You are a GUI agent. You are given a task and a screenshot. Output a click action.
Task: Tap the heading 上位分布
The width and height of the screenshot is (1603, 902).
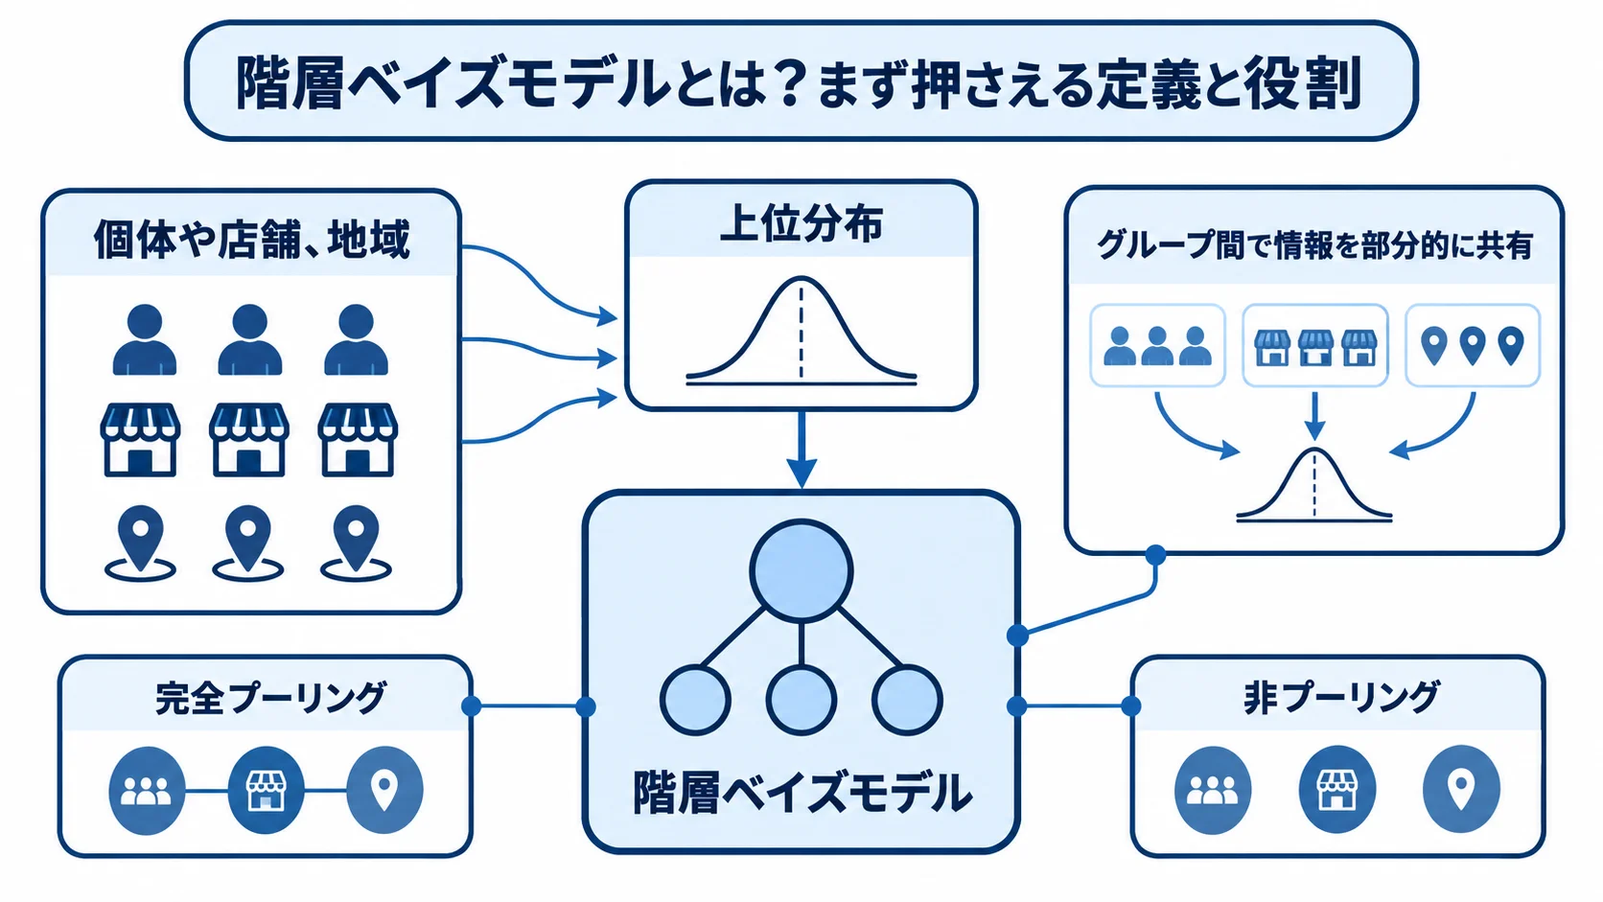801,224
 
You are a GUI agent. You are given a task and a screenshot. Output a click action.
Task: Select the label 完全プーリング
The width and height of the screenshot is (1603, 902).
270,698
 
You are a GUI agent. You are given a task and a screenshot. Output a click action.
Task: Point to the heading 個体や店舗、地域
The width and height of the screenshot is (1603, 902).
252,240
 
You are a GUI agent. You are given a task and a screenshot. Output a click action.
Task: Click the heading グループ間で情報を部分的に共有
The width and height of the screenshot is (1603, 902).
1314,245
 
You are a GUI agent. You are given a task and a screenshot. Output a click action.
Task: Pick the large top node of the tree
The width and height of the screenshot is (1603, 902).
801,570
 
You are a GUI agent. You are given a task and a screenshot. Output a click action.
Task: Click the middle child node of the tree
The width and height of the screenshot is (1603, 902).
801,700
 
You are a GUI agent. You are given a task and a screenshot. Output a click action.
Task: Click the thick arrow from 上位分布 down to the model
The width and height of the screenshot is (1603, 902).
801,450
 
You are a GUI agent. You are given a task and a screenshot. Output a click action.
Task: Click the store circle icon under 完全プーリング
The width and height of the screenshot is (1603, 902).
266,790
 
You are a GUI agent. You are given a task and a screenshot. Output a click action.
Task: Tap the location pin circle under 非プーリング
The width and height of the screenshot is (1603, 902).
1461,790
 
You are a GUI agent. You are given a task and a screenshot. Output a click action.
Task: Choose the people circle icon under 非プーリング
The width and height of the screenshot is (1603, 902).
1213,790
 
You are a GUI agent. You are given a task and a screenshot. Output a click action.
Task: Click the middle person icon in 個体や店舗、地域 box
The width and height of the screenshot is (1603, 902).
250,339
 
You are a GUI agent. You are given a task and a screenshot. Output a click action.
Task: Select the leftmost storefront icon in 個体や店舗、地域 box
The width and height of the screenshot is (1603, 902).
140,439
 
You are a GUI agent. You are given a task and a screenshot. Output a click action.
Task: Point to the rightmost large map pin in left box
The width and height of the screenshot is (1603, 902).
356,544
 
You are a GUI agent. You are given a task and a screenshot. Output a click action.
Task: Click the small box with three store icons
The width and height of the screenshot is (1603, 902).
1315,345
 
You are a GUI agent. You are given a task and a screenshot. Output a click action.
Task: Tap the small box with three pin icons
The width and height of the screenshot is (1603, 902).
1473,345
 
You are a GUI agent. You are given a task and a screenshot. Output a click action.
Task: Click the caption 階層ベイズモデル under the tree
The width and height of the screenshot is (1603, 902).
801,792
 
